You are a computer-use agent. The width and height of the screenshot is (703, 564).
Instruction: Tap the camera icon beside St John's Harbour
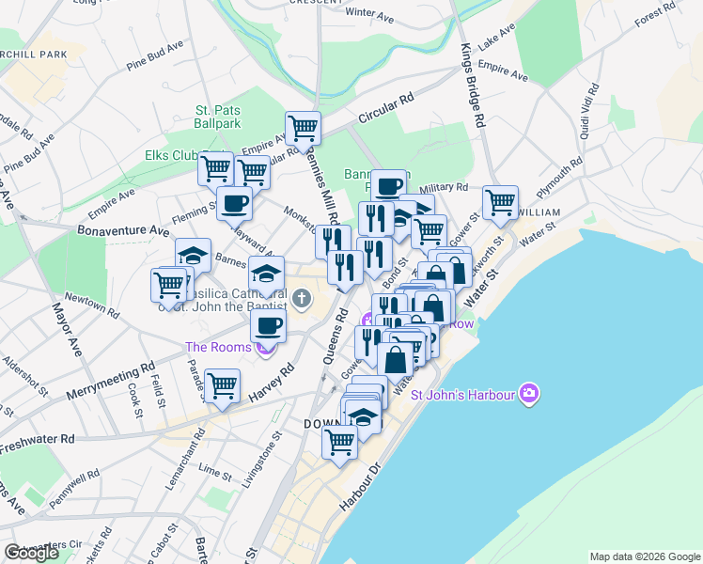[530, 392]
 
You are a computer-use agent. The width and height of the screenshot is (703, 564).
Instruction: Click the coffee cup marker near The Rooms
[269, 326]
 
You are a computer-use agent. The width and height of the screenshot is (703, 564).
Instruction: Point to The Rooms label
[218, 347]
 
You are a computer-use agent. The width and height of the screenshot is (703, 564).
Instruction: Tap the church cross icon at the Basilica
[302, 300]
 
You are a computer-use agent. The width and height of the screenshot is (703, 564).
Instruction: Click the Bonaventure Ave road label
[123, 229]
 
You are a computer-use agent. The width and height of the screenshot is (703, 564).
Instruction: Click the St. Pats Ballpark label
[218, 117]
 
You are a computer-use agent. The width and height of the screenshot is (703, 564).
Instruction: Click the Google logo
[31, 553]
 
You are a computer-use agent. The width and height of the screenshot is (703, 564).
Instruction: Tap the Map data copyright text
[645, 556]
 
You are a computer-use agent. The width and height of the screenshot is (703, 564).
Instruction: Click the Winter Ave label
[369, 14]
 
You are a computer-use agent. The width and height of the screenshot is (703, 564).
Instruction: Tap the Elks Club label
[170, 155]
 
